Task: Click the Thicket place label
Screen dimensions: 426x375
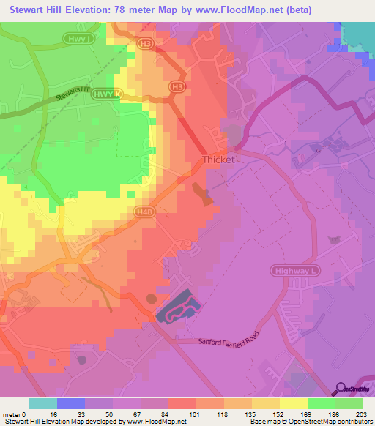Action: point(218,159)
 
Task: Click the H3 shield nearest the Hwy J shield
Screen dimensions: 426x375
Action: point(145,44)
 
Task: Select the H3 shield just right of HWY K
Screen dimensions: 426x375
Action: point(176,86)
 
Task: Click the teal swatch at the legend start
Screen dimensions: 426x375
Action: point(43,403)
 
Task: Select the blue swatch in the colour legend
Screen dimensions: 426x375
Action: point(71,403)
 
